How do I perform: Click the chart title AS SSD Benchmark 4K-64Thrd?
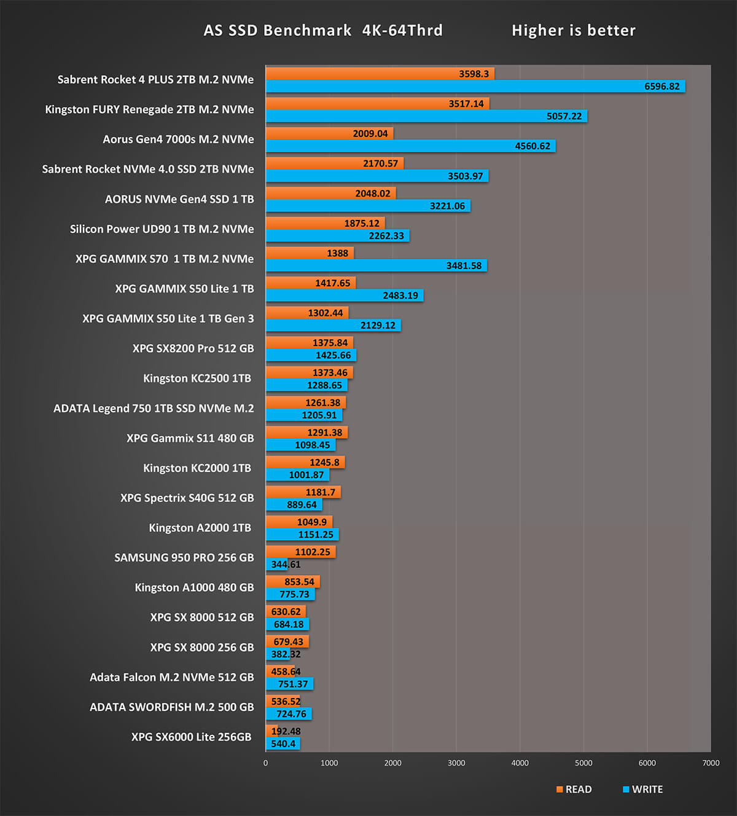coord(323,30)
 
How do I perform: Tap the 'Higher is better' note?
coord(573,30)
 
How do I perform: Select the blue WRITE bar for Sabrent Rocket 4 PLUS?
coord(475,87)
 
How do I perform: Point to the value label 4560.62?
coord(532,146)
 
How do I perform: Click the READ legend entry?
coord(574,790)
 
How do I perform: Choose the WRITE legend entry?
coord(643,790)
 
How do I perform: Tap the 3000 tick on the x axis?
coord(456,763)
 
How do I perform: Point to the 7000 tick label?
coord(711,763)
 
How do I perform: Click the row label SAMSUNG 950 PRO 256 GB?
coord(184,558)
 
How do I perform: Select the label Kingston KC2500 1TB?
coord(197,379)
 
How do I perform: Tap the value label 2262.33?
coord(386,236)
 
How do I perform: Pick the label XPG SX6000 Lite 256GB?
coord(191,737)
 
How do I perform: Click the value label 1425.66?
coord(333,355)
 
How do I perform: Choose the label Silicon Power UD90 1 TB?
coord(162,229)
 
